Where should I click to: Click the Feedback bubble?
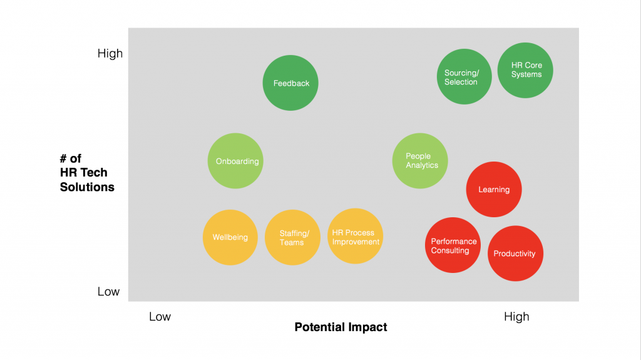pos(290,83)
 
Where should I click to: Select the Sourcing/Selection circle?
pos(464,76)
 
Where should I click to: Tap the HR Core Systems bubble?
pos(525,70)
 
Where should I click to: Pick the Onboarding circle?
pos(235,161)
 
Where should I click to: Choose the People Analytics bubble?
pos(420,161)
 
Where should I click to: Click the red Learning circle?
pos(494,190)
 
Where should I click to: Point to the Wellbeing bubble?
pos(230,237)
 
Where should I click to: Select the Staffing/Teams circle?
pos(293,237)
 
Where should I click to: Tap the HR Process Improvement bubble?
pos(356,236)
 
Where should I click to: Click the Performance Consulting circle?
pos(453,245)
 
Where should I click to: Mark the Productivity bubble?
pos(516,253)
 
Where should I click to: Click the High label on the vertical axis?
pos(110,54)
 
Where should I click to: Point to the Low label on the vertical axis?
pos(108,292)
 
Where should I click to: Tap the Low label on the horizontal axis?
pos(160,317)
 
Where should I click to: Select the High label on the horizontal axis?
pos(516,317)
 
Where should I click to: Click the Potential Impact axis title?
pos(341,327)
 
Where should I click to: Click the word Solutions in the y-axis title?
pos(87,187)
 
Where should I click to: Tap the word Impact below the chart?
pos(366,327)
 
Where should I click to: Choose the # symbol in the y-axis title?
pos(63,159)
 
